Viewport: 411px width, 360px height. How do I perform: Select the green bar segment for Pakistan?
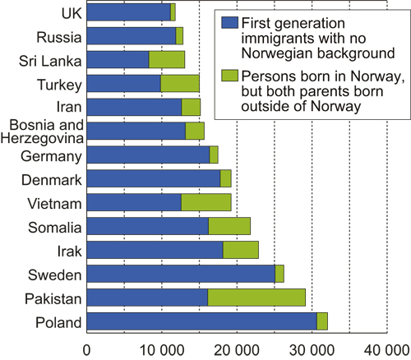coord(256,298)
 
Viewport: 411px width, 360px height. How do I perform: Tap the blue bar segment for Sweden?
coord(181,274)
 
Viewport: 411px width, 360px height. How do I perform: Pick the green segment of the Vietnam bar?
coord(205,202)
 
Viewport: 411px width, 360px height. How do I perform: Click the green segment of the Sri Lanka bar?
coord(167,59)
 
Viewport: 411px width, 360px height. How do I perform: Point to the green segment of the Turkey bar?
coord(180,83)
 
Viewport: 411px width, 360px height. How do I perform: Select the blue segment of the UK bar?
coord(128,12)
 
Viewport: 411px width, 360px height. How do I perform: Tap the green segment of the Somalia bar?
coord(229,226)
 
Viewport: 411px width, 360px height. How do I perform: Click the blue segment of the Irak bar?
coord(155,250)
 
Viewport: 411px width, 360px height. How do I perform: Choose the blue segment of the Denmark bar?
coord(153,178)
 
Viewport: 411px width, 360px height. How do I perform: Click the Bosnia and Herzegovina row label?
coord(44,131)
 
